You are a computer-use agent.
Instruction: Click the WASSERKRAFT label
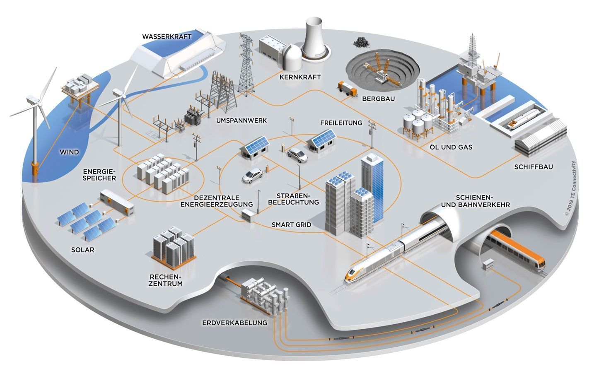coord(167,36)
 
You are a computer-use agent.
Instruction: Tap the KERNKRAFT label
coord(300,77)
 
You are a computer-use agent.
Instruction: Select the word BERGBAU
coord(378,99)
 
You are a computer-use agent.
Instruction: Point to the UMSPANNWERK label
coord(242,121)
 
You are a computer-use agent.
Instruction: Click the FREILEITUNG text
coord(341,123)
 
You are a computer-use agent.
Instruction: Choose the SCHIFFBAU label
coord(534,167)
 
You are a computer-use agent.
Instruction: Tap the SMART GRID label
coord(292,225)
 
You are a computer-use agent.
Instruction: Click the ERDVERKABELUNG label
coord(235,323)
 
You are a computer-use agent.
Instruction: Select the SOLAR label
coord(82,250)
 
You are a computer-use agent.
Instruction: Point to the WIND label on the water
coord(69,152)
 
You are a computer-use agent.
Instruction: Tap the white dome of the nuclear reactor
coord(292,57)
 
